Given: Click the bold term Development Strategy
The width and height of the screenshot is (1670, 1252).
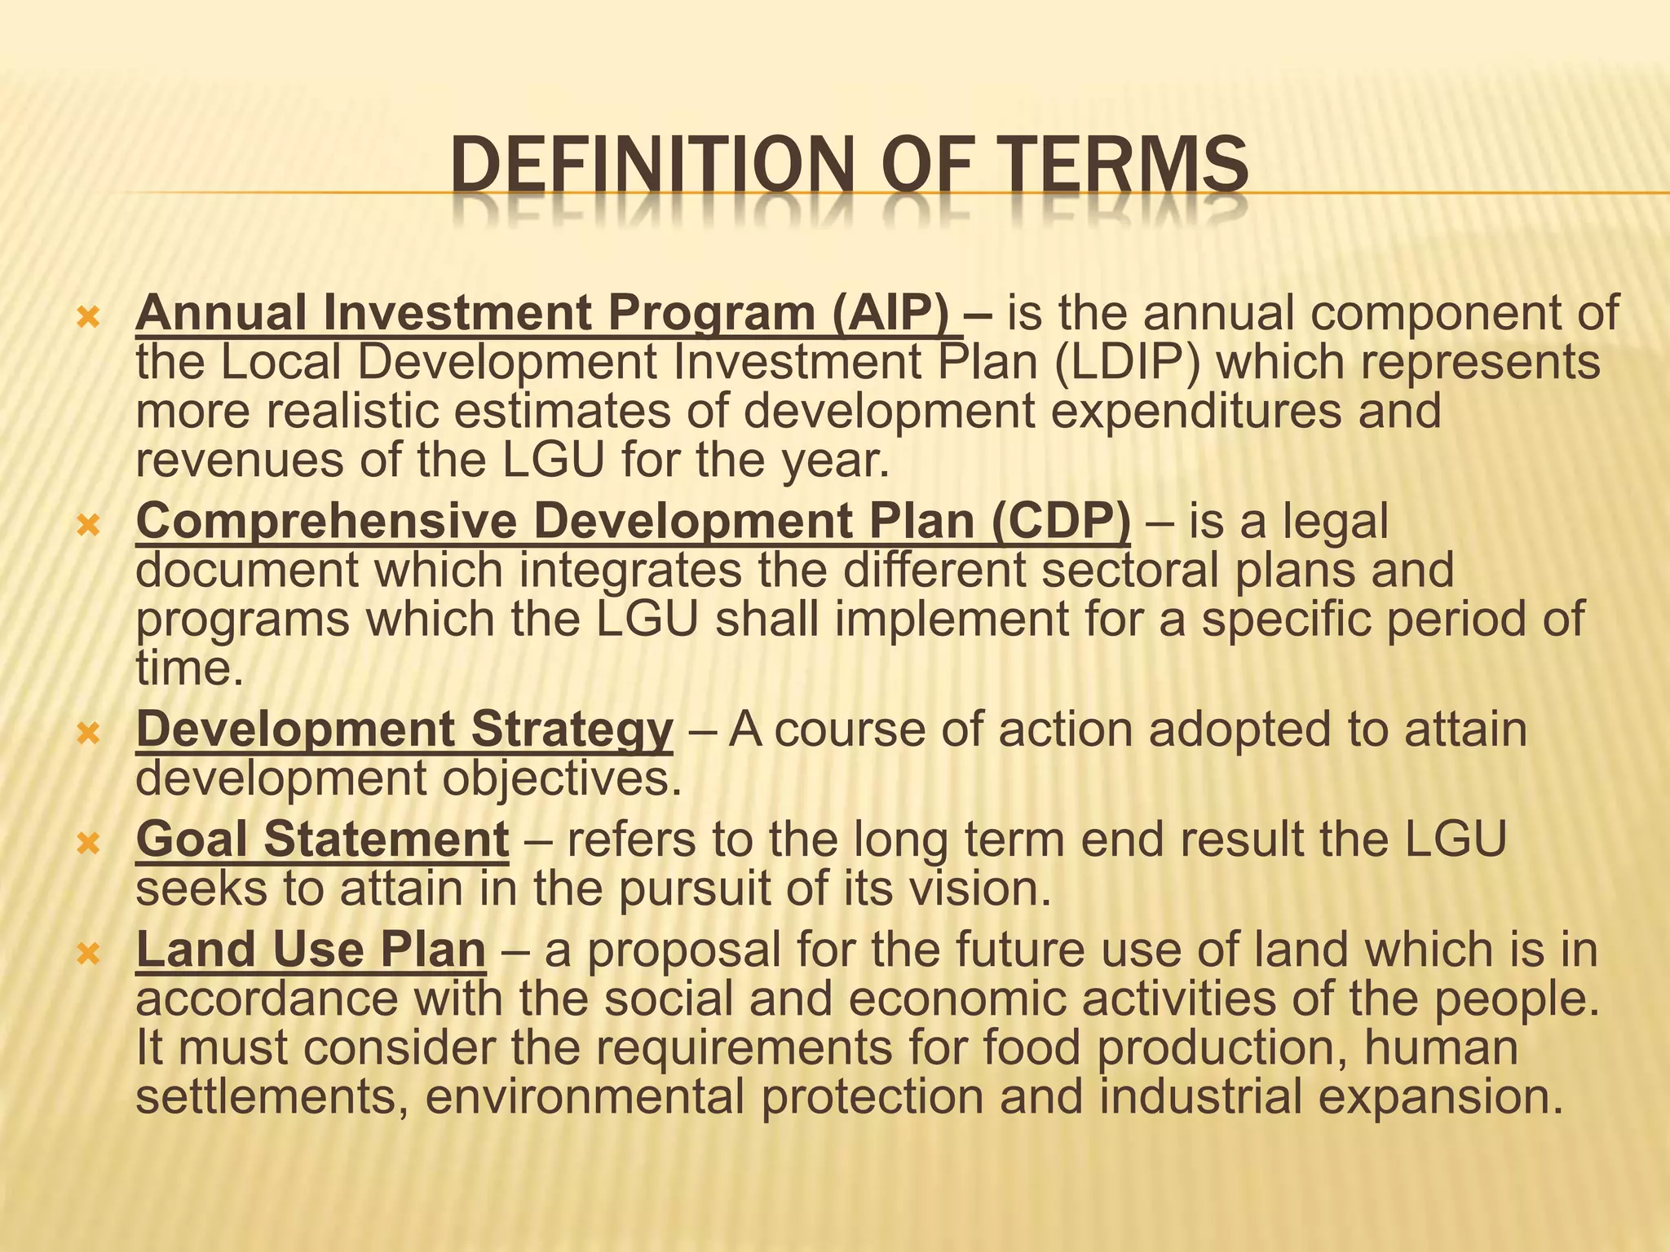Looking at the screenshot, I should click(x=404, y=729).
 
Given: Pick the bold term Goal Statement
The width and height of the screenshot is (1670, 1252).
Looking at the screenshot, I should click(x=323, y=840).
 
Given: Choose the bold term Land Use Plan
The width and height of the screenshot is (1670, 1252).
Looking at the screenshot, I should click(x=311, y=950).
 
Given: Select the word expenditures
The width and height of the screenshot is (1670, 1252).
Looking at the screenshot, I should click(x=1195, y=411).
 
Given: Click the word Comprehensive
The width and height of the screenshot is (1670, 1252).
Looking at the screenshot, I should click(x=326, y=521).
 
